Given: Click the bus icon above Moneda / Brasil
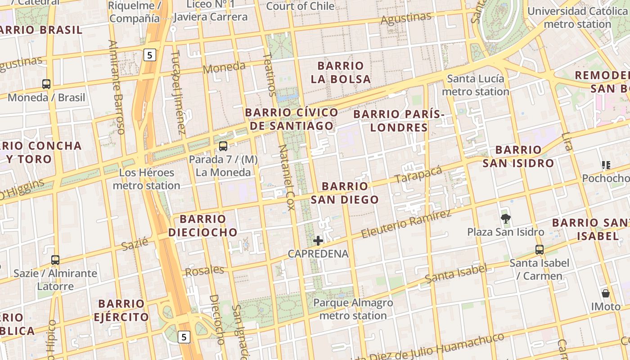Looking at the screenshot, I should [x=46, y=84].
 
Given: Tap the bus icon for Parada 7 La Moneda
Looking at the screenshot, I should [x=223, y=146].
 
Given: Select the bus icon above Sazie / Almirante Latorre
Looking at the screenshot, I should [x=55, y=260].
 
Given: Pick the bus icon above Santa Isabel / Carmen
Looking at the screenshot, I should [x=539, y=249].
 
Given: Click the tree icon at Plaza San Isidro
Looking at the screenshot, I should [x=506, y=219].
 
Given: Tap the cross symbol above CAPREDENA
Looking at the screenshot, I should [x=318, y=241].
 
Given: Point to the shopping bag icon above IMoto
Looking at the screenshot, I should [x=606, y=293].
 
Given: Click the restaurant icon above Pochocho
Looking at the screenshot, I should [x=606, y=165].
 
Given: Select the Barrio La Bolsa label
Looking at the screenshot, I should [x=341, y=72].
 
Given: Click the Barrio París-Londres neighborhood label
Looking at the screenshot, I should [x=399, y=121].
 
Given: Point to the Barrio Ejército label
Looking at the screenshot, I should [x=121, y=310].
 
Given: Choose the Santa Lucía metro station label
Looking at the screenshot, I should [x=475, y=85].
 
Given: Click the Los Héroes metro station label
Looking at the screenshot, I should [x=146, y=179].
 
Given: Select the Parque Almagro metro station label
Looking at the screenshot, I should [x=353, y=309].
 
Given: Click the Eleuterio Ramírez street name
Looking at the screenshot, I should [x=406, y=224].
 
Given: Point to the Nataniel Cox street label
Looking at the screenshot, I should [x=286, y=177].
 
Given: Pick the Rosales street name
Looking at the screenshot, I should [x=204, y=271].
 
